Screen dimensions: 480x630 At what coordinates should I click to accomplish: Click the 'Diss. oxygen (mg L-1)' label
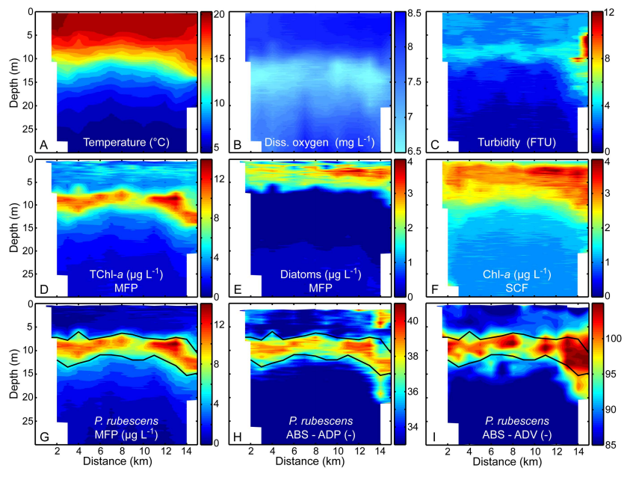pos(320,142)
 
